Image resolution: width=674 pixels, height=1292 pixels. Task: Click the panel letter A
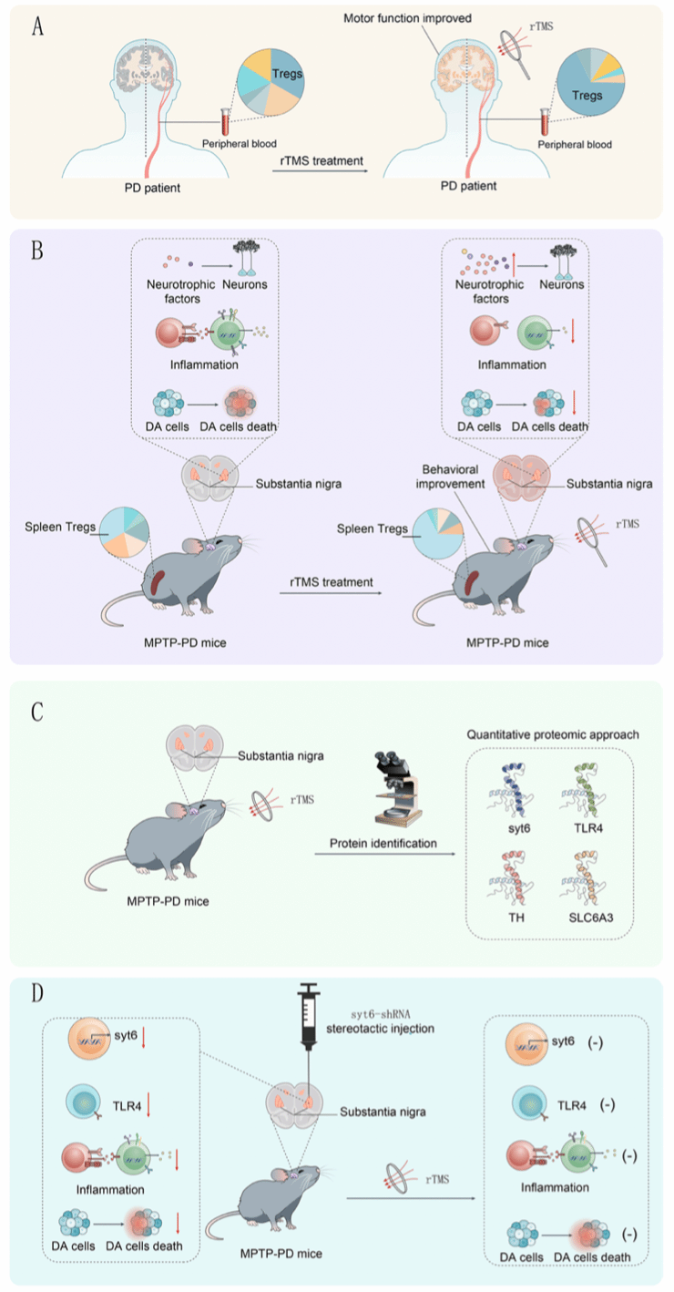point(37,26)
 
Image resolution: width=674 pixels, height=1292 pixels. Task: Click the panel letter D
point(37,992)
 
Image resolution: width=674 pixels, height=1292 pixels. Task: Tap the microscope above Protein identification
point(397,789)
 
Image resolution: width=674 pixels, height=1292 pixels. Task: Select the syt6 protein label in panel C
point(519,828)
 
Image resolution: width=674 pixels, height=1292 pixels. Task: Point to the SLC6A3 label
point(591,918)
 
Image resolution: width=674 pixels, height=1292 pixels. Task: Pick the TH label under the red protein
point(516,918)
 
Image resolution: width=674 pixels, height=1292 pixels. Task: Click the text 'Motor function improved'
point(407,18)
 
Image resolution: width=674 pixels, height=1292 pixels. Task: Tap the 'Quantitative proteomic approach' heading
point(552,734)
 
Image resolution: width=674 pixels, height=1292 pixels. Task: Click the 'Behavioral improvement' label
point(450,477)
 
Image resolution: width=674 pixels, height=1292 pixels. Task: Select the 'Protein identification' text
point(383,843)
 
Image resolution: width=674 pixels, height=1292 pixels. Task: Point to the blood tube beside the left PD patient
point(226,121)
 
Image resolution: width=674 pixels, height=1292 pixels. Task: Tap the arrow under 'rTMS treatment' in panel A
point(321,171)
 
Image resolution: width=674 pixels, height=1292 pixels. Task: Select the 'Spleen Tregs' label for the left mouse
point(60,527)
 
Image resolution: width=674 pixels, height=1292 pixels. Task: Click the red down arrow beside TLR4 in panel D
point(148,1105)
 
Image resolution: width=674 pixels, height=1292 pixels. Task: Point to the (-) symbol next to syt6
point(595,1042)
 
